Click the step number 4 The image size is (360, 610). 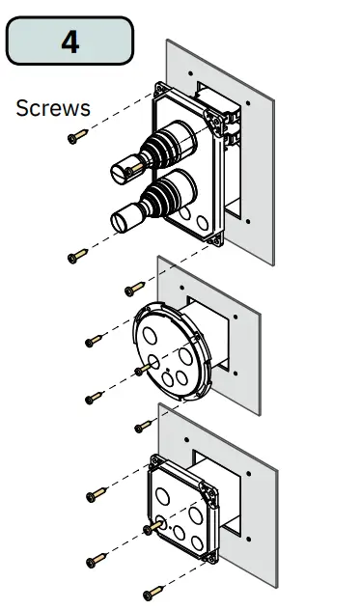(70, 42)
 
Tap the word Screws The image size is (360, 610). (53, 108)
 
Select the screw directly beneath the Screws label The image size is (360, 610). (77, 136)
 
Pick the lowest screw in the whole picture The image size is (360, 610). (152, 593)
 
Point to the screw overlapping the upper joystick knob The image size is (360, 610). (134, 169)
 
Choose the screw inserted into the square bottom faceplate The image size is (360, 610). (152, 527)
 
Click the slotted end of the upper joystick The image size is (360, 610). (121, 174)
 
